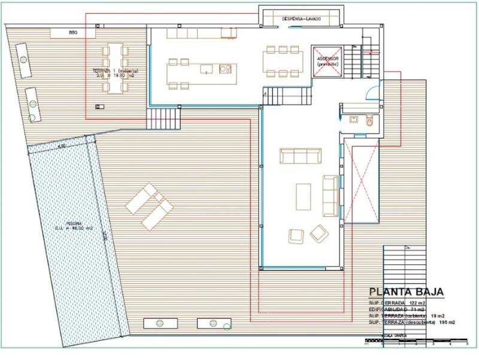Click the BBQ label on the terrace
pyautogui.click(x=73, y=32)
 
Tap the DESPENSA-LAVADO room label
pyautogui.click(x=301, y=19)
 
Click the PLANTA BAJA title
pyautogui.click(x=406, y=292)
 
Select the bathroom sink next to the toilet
pyautogui.click(x=354, y=120)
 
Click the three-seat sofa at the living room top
pyautogui.click(x=301, y=156)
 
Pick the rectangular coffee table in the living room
pyautogui.click(x=303, y=196)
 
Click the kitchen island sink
pyautogui.click(x=206, y=69)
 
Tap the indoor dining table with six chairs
pyautogui.click(x=283, y=62)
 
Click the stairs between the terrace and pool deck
pyautogui.click(x=163, y=119)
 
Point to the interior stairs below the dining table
pyautogui.click(x=287, y=96)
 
